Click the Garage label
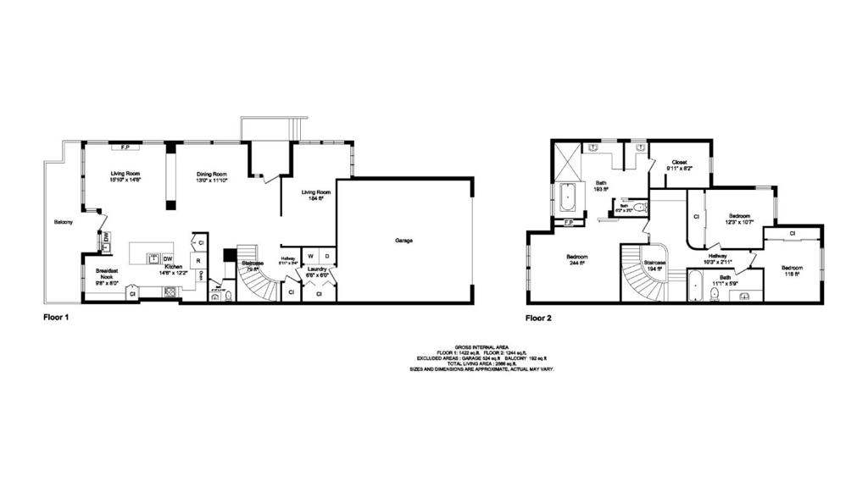pos(403,241)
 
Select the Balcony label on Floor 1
pos(63,222)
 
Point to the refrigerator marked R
pos(198,261)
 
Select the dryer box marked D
pos(327,256)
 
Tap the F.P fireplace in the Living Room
pos(125,147)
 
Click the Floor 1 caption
pos(56,319)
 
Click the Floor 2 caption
pos(539,319)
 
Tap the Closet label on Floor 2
pos(679,163)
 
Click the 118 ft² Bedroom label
pos(792,271)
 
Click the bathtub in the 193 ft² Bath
pos(568,197)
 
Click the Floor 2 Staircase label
pos(654,264)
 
